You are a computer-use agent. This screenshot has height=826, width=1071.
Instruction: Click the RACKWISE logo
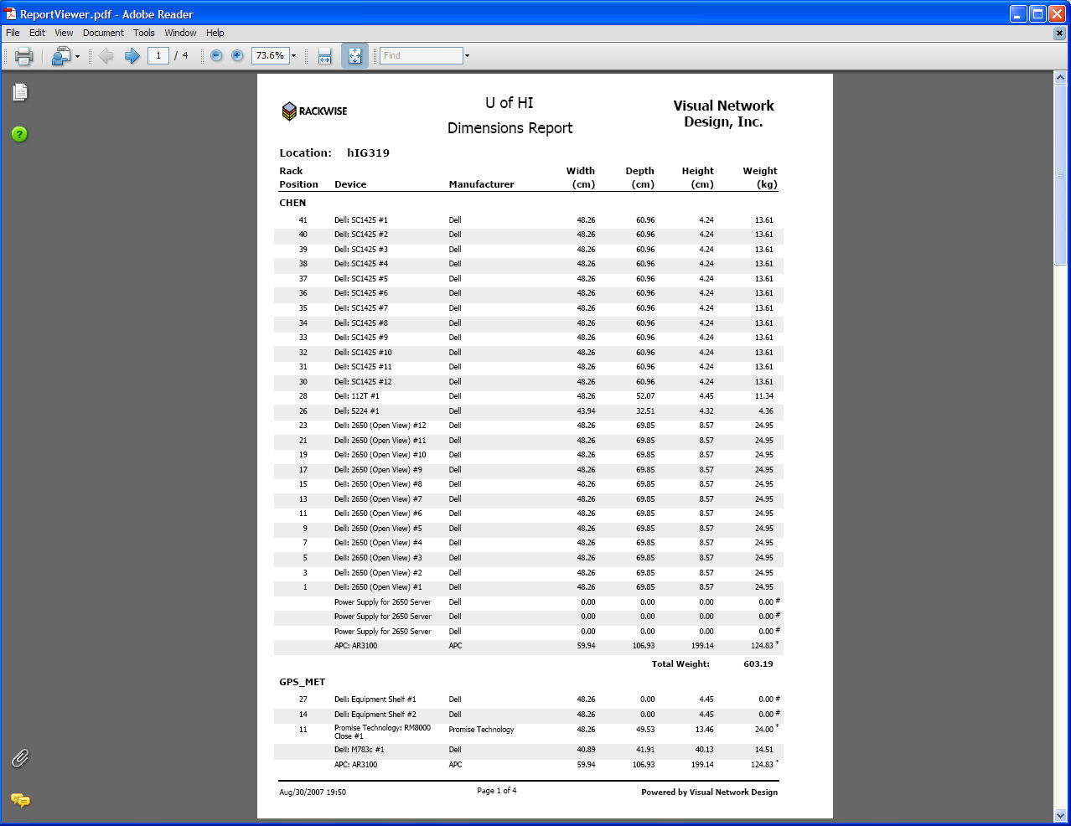314,111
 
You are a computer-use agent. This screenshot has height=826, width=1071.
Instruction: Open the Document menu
103,33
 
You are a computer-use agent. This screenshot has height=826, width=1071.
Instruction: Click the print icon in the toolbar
23,56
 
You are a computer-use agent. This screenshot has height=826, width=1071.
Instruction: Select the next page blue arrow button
132,56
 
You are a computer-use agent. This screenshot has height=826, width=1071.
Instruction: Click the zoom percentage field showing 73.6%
270,55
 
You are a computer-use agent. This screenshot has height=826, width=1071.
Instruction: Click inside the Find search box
421,55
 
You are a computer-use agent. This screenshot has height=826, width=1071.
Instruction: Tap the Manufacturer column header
481,184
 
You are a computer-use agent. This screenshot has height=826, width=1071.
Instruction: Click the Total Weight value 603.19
758,664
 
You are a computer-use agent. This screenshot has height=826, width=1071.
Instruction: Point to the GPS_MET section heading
302,682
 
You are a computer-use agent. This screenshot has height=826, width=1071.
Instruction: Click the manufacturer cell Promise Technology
481,730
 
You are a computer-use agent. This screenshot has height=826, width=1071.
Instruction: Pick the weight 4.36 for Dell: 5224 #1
765,411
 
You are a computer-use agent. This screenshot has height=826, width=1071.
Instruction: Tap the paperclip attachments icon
20,758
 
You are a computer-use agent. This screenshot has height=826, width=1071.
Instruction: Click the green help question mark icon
19,134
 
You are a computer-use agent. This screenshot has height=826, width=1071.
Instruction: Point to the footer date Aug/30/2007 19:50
313,792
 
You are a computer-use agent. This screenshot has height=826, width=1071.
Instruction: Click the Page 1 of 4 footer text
497,790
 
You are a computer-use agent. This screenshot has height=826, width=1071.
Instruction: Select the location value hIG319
368,152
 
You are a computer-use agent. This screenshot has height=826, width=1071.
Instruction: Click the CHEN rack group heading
292,203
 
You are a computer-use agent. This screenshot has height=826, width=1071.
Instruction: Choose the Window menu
180,33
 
